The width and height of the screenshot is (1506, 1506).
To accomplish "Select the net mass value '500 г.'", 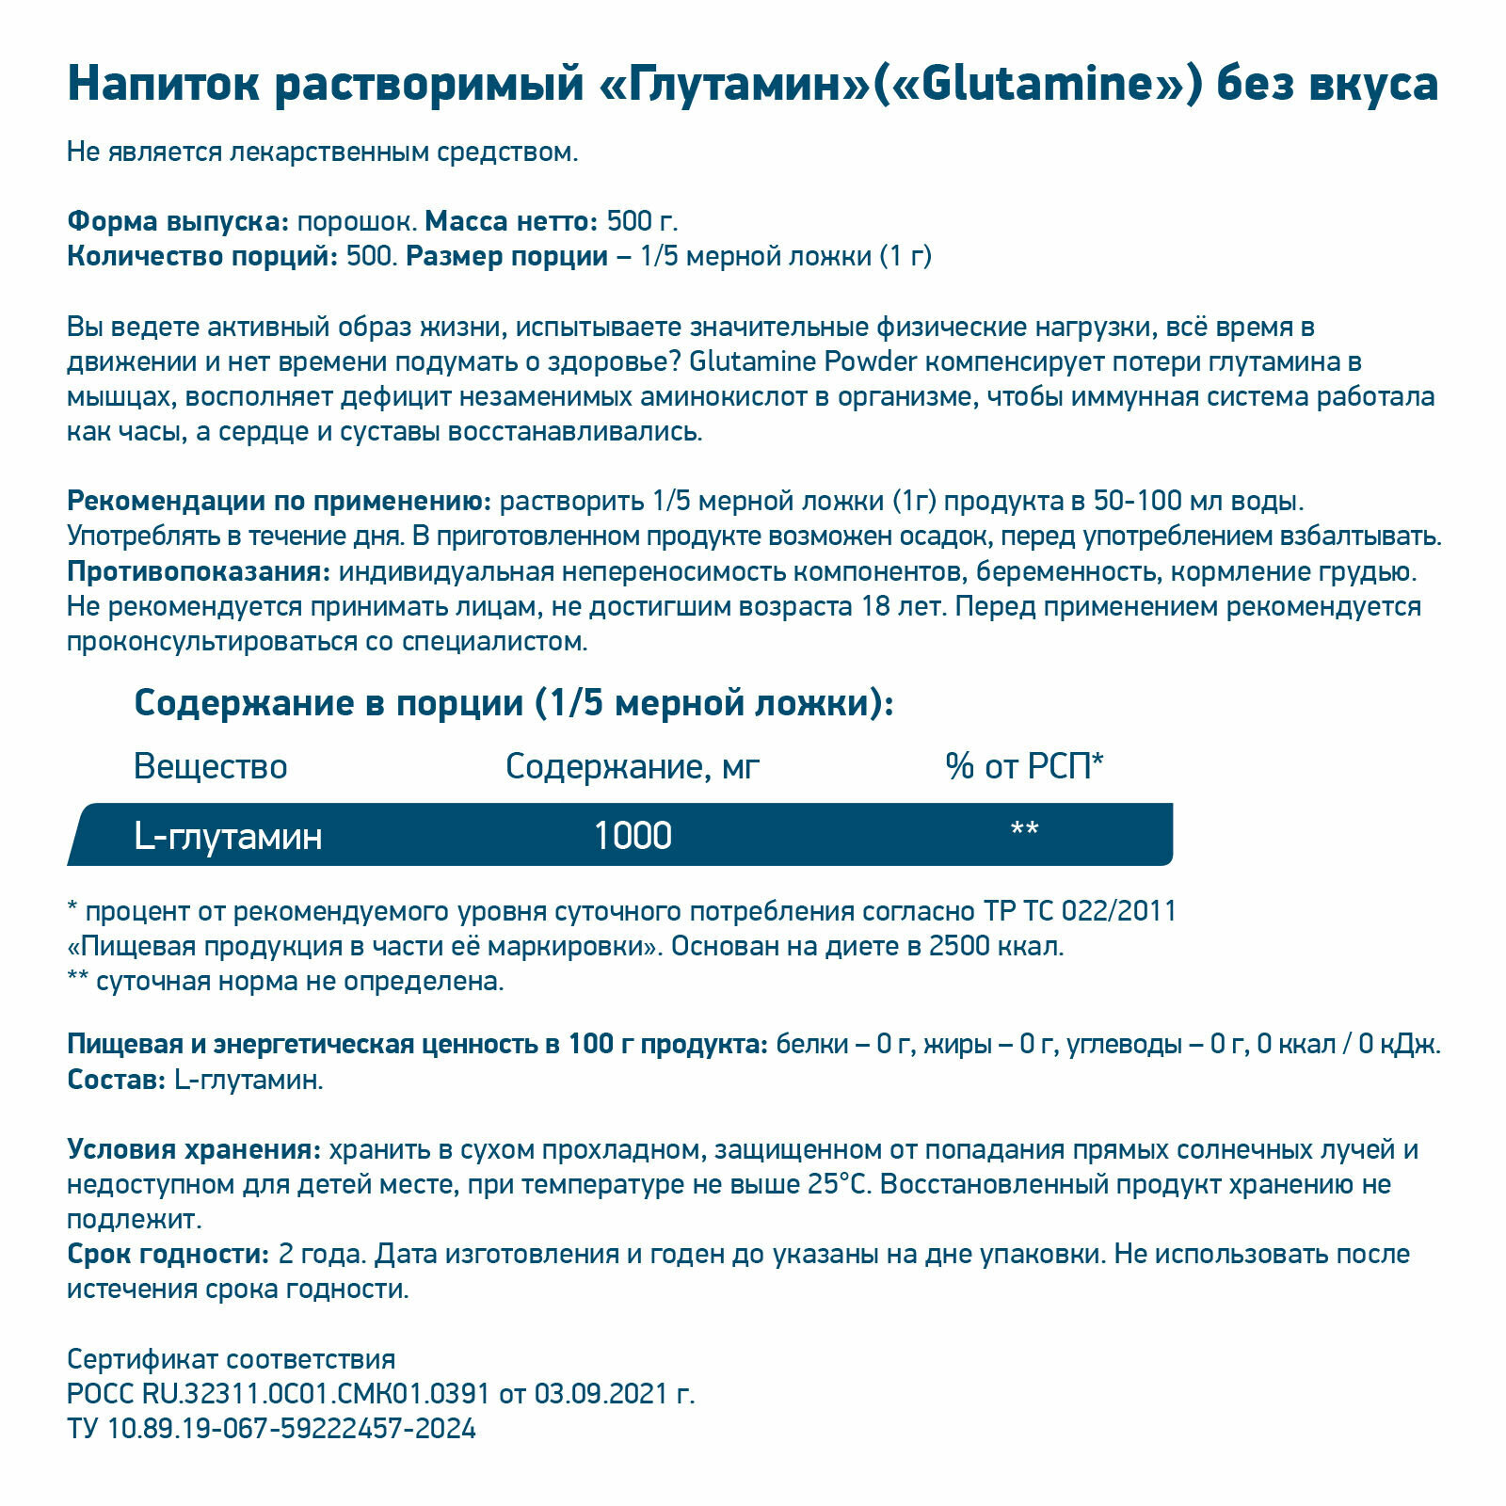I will tap(642, 222).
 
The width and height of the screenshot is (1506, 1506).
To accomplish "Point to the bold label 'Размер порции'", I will tap(506, 257).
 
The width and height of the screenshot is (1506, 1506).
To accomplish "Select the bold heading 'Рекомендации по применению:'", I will tap(279, 502).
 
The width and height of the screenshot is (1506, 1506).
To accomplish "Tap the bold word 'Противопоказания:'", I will tap(199, 572).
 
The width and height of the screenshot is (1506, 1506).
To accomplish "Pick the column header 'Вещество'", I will tap(210, 767).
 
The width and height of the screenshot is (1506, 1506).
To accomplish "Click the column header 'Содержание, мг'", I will tap(632, 767).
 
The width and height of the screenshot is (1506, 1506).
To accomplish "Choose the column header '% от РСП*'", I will tap(1024, 767).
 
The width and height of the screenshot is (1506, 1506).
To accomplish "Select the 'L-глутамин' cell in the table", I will tap(228, 836).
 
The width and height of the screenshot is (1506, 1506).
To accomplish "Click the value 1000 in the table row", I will tap(633, 836).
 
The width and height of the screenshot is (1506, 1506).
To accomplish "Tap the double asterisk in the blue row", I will tap(1024, 830).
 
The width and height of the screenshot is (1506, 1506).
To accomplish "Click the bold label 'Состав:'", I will tap(117, 1080).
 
